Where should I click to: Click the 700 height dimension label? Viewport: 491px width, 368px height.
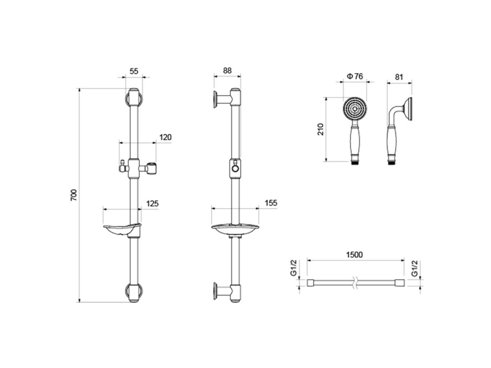[73, 195]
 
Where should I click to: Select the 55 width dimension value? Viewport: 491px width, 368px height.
[134, 71]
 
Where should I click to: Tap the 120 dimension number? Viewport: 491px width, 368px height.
[165, 137]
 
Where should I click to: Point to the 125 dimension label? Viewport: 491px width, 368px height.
[152, 203]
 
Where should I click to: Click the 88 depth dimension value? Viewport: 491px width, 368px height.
[227, 71]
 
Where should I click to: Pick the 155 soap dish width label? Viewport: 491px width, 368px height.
[271, 203]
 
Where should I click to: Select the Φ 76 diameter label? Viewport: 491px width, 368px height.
[355, 76]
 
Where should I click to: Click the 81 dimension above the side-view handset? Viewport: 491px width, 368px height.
[399, 77]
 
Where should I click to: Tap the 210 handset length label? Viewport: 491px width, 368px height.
[320, 129]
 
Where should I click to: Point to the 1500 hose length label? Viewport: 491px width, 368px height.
[355, 255]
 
